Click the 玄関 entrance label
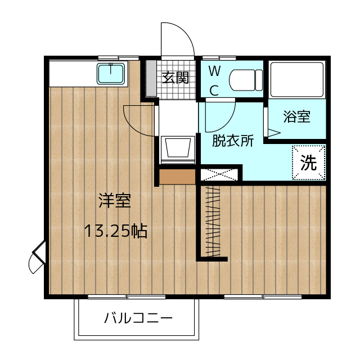(175, 78)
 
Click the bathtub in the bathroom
(296, 79)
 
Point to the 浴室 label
(296, 117)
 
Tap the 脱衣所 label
(232, 141)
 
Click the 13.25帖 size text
(115, 230)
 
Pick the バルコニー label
(138, 319)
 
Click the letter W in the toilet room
(215, 71)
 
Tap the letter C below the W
(215, 89)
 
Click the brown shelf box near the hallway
(177, 176)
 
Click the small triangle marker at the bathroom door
(273, 133)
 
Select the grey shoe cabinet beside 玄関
(151, 78)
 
